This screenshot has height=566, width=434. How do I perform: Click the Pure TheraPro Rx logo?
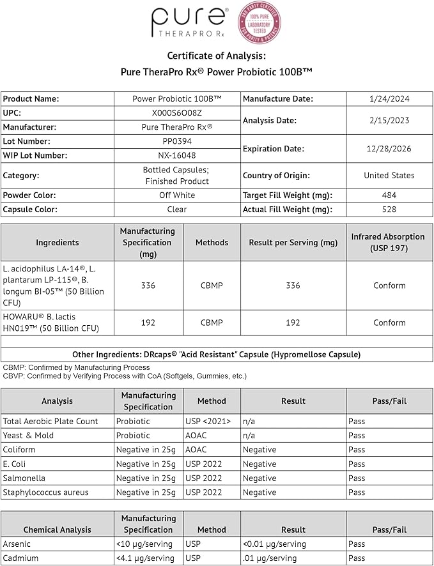tap(189, 22)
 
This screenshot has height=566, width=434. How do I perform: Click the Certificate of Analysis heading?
tap(217, 56)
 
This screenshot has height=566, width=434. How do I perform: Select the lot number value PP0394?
tap(177, 141)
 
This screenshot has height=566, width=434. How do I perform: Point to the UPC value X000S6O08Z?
tap(177, 113)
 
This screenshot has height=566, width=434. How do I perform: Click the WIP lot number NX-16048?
tap(177, 155)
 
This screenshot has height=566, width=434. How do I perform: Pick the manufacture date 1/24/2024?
tap(389, 99)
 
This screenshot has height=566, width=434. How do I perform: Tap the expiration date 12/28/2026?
tap(389, 148)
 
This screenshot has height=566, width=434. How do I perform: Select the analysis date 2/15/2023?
tap(389, 120)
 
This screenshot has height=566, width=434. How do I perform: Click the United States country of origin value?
tap(389, 175)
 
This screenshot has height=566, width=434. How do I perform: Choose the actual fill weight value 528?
tap(389, 210)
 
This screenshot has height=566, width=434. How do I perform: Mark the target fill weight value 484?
tap(389, 195)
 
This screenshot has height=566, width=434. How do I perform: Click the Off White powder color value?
tap(177, 195)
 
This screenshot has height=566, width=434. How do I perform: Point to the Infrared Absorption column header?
tap(388, 242)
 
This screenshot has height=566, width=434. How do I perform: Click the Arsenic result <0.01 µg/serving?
tap(274, 544)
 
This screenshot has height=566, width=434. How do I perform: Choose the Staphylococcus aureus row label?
tap(45, 493)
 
